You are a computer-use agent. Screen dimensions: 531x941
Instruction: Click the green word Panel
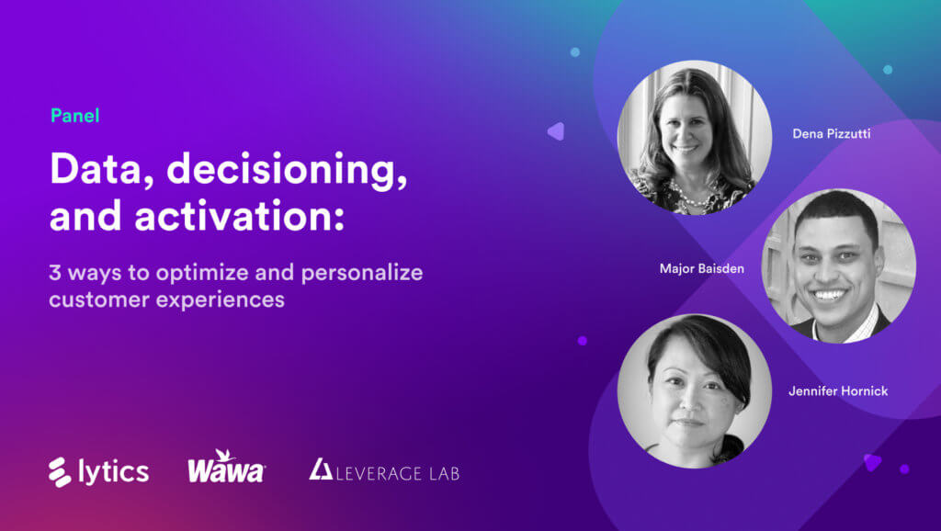pos(74,116)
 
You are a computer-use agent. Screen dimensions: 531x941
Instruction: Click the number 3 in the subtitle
pos(55,274)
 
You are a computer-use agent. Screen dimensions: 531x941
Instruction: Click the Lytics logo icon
pos(61,471)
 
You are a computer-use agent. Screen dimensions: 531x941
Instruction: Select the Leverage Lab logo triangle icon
pos(321,469)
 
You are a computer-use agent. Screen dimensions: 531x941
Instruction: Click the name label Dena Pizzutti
pos(832,134)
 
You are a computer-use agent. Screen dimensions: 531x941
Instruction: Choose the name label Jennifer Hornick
pos(838,391)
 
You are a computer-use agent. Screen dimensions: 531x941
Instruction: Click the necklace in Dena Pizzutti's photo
pos(685,191)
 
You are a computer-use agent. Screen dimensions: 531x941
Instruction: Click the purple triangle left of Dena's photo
pos(555,131)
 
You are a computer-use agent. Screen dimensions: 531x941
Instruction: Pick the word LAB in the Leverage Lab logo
pos(440,474)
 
